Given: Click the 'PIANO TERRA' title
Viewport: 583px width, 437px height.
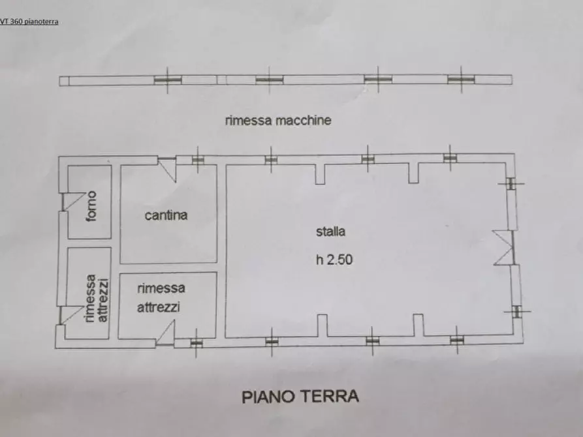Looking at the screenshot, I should [x=300, y=396].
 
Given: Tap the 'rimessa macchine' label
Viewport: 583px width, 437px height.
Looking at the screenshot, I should [x=278, y=120].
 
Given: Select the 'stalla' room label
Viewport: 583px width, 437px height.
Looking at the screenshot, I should [x=330, y=231].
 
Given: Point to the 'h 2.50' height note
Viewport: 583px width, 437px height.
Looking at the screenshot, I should [x=334, y=259].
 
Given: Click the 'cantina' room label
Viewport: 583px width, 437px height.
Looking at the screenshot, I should [x=166, y=215].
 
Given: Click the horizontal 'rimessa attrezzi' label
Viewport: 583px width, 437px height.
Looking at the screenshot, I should [x=161, y=297].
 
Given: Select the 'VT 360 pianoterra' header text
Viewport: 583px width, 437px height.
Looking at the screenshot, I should [x=29, y=22].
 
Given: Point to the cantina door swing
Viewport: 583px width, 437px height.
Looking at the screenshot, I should [x=168, y=169].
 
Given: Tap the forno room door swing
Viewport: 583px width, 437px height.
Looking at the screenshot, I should [x=72, y=201].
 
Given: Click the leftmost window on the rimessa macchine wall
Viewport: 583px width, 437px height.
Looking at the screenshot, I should [x=168, y=80].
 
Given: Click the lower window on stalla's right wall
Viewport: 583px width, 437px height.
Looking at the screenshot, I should [x=516, y=311].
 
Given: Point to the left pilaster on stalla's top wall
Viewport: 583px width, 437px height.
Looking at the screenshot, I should [x=319, y=174].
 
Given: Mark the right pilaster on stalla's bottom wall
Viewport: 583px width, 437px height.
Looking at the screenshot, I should [x=418, y=325].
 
